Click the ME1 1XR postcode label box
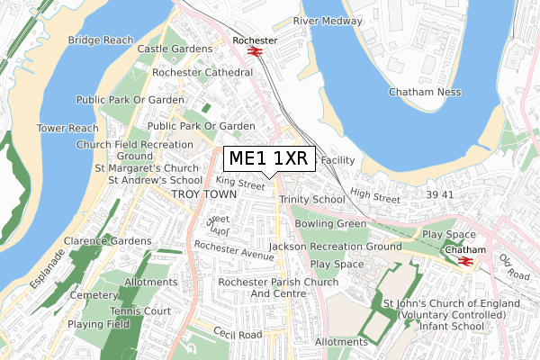(x=268, y=158)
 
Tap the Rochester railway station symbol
(x=255, y=51)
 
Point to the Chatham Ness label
(x=425, y=92)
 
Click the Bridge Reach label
(x=101, y=40)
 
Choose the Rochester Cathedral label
(x=202, y=72)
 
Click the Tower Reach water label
(x=67, y=129)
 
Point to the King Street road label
(x=241, y=184)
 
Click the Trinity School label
(x=311, y=199)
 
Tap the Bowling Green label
(x=336, y=222)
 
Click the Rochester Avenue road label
(x=233, y=250)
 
